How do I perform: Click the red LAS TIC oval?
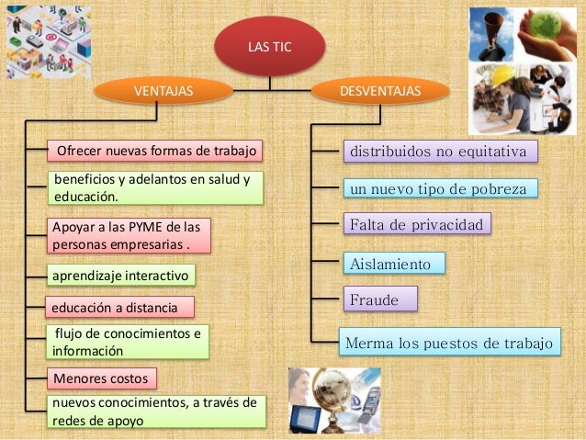[x=269, y=46]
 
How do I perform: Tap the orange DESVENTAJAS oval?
[x=379, y=91]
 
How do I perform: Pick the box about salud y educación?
[x=155, y=187]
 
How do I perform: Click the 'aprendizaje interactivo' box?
[x=120, y=275]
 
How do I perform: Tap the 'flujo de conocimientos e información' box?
[x=129, y=342]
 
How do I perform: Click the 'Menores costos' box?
[x=101, y=378]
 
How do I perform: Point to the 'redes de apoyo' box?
[x=156, y=412]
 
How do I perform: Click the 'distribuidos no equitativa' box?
[x=436, y=151]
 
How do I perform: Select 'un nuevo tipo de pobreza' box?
[x=437, y=189]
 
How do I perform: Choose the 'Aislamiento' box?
[x=392, y=264]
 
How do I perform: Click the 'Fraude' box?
[x=378, y=299]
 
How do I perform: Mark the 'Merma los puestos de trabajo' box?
[x=448, y=344]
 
